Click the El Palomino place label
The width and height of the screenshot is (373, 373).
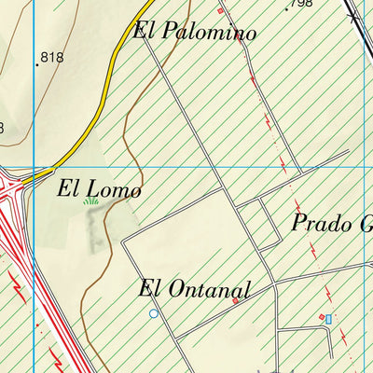click(195, 31)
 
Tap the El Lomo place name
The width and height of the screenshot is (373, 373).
click(99, 189)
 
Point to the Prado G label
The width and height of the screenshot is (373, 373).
click(331, 224)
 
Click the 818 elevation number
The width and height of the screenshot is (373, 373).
click(52, 58)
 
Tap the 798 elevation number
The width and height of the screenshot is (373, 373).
click(301, 4)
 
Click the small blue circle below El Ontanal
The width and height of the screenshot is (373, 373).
click(154, 314)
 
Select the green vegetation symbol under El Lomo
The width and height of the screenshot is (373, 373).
click(90, 201)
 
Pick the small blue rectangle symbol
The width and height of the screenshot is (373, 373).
click(328, 319)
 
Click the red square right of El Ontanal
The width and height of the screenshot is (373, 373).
click(235, 300)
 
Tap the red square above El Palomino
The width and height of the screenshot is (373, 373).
click(221, 11)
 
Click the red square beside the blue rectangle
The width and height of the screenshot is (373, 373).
click(321, 317)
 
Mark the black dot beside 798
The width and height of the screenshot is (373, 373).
click(287, 8)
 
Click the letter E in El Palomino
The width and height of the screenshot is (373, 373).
click(142, 30)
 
